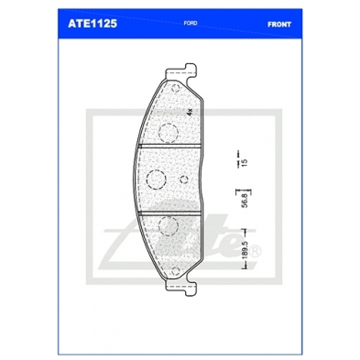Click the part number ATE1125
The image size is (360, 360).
pos(93,24)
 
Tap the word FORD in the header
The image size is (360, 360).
pos(191,23)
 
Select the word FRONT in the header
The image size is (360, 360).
pos(279,25)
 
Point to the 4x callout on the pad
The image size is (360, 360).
pos(190,112)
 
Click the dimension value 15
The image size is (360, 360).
pos(244,162)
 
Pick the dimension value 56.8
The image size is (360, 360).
pos(244,202)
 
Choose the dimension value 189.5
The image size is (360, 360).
pos(245,249)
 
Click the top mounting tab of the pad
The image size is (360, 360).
pos(180,71)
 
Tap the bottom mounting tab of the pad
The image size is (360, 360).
pos(180,288)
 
